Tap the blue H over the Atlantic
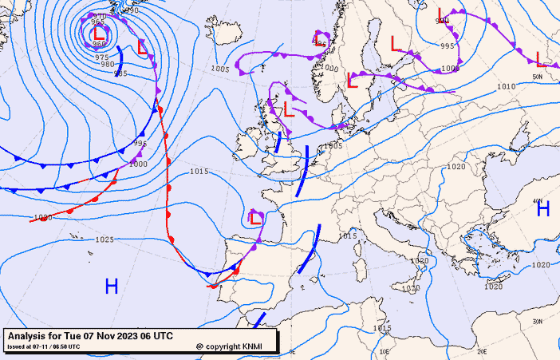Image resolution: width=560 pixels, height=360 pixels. pos(112,287)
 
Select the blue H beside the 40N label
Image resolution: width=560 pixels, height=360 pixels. pos(543,209)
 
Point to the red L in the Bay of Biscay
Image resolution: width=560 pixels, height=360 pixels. pos(256,217)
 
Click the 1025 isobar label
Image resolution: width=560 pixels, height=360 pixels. pos(105,239)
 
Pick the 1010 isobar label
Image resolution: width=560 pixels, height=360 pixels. pos(506,86)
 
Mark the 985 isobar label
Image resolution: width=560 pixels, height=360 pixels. pos(120,73)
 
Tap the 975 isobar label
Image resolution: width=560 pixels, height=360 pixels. pos(102,57)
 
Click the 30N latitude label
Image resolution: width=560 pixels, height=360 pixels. pos(540,321)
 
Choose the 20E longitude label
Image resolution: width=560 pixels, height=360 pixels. pos(481,351)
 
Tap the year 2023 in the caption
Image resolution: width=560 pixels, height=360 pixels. pos(128,335)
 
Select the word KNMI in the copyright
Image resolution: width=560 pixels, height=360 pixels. pos(258,346)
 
